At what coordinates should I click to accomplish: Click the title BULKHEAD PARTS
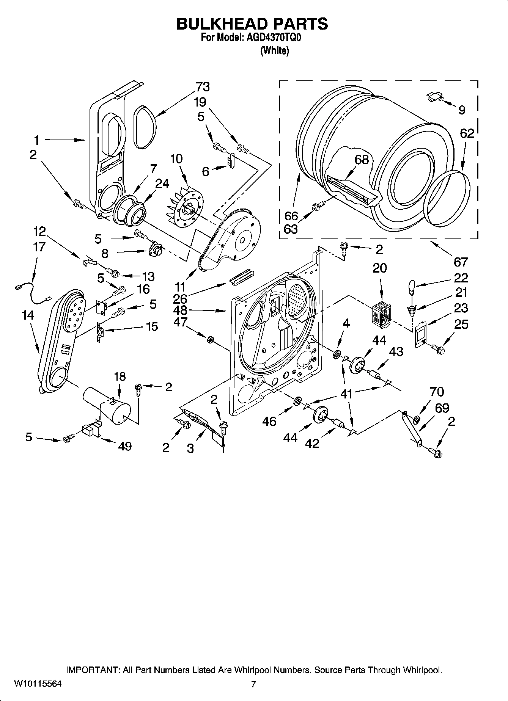click(252, 24)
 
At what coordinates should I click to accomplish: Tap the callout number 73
click(203, 87)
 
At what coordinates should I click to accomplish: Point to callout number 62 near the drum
click(467, 133)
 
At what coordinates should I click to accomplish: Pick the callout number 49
click(125, 446)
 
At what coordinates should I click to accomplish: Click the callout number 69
click(442, 408)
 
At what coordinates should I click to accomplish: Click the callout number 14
click(28, 315)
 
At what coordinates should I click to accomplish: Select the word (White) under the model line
click(274, 51)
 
